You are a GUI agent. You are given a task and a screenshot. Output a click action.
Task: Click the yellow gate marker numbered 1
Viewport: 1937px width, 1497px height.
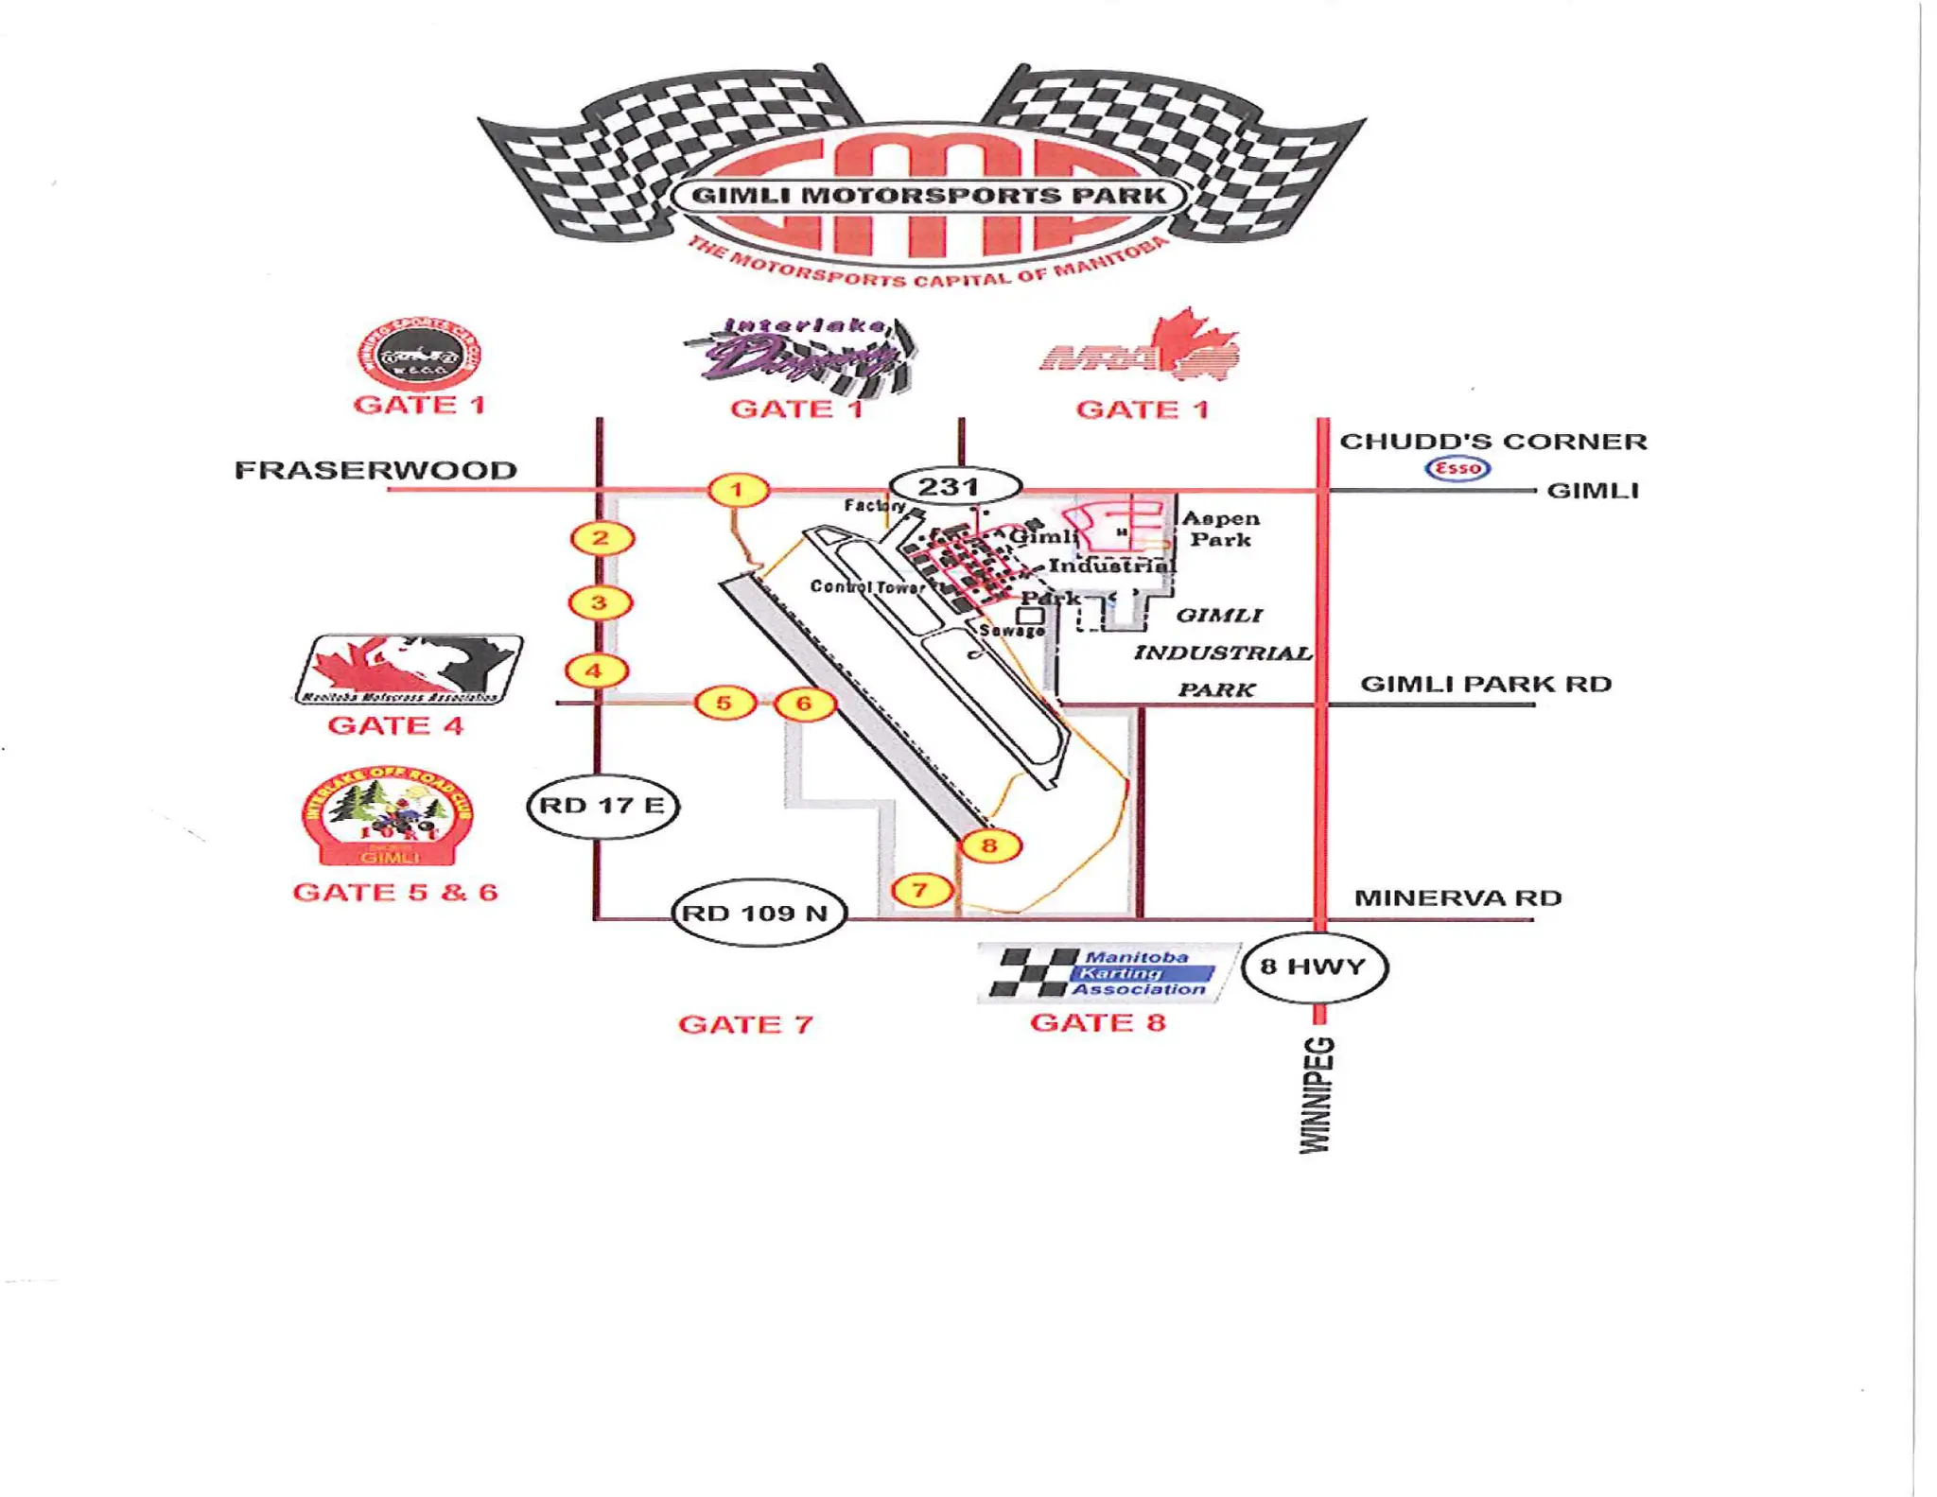738,490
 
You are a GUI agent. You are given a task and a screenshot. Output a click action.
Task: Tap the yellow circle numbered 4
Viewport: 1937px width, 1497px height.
596,671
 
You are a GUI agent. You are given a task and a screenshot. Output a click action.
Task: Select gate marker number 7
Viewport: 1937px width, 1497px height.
920,890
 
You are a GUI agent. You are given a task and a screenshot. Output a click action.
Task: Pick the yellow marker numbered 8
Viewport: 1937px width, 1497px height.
989,845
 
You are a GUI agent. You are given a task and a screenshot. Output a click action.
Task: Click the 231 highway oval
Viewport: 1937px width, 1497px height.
955,487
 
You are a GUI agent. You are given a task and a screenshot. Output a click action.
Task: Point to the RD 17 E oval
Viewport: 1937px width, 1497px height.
602,806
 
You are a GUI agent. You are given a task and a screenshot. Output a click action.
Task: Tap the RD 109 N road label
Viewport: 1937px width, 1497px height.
757,913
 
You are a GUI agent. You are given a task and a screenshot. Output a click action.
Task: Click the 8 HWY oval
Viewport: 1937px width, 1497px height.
1314,966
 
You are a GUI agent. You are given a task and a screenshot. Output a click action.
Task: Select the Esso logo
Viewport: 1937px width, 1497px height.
1457,468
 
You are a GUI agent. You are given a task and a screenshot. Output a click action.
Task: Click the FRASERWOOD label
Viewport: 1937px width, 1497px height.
375,470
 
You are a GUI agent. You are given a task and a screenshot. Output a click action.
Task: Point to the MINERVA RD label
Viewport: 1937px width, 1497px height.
1457,897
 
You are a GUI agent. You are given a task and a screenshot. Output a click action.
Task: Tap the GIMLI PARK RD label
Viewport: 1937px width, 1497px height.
1485,684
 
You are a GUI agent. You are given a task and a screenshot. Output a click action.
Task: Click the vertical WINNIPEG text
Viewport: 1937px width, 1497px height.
1317,1095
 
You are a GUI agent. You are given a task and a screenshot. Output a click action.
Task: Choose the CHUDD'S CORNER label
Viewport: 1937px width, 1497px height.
1493,442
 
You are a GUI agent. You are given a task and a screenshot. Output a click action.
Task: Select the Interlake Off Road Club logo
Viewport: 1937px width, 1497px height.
388,815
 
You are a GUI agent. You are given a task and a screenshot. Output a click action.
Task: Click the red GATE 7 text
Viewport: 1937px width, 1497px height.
745,1024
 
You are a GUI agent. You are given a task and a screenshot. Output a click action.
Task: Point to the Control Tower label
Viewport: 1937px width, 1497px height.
866,586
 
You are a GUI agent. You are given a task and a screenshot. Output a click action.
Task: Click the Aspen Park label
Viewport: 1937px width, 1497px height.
1221,529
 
